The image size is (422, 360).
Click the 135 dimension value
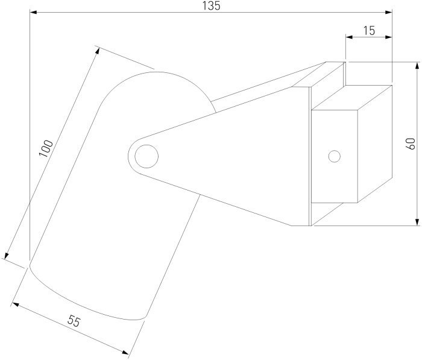coord(211,6)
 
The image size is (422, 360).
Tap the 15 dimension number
coord(369,31)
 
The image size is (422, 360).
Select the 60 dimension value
coord(411,144)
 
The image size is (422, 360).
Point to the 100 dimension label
coord(46,148)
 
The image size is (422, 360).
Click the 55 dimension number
coord(74,321)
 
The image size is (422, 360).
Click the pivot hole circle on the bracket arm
coord(146,156)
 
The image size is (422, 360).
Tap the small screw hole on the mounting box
coord(334,156)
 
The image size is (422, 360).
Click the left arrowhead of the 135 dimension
coord(33,12)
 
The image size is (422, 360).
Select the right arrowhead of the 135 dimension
coord(389,12)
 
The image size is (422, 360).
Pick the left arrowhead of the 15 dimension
coord(349,37)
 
